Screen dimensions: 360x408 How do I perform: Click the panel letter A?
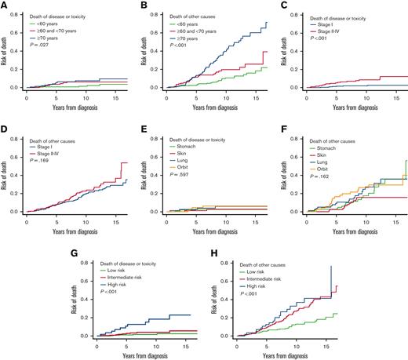tap(4, 5)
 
